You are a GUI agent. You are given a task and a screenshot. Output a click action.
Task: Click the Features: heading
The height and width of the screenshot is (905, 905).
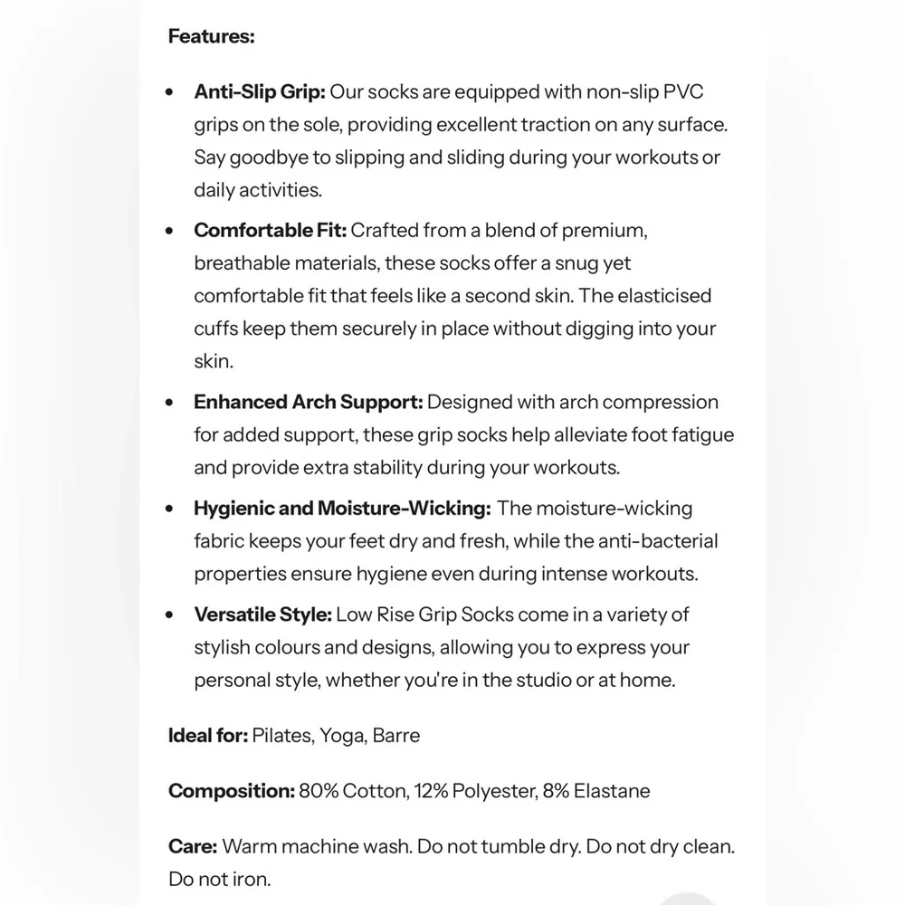coord(211,37)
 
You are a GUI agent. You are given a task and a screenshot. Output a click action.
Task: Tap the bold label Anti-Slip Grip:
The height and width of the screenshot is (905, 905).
coord(259,91)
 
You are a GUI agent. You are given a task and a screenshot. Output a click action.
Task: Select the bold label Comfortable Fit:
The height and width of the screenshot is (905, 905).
coord(270,230)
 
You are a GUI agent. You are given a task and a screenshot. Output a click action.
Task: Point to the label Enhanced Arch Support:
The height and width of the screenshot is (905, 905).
coord(308,402)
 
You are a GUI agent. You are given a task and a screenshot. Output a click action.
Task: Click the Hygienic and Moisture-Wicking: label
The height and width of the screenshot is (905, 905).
coord(342,509)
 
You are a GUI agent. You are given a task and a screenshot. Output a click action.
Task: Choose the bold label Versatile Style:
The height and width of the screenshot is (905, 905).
coord(262,614)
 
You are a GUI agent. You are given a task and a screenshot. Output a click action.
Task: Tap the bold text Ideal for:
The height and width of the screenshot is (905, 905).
coord(207,735)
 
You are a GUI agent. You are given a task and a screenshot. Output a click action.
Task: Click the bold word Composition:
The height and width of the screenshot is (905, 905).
coord(231,791)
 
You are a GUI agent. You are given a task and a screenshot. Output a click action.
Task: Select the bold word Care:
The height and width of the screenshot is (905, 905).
coord(192,847)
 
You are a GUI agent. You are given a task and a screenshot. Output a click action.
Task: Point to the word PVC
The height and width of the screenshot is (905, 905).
coord(683,91)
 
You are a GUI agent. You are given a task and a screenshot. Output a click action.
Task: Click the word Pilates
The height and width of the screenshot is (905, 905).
coord(282,735)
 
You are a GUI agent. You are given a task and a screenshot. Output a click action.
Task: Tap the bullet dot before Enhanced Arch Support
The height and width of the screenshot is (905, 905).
coord(169,403)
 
